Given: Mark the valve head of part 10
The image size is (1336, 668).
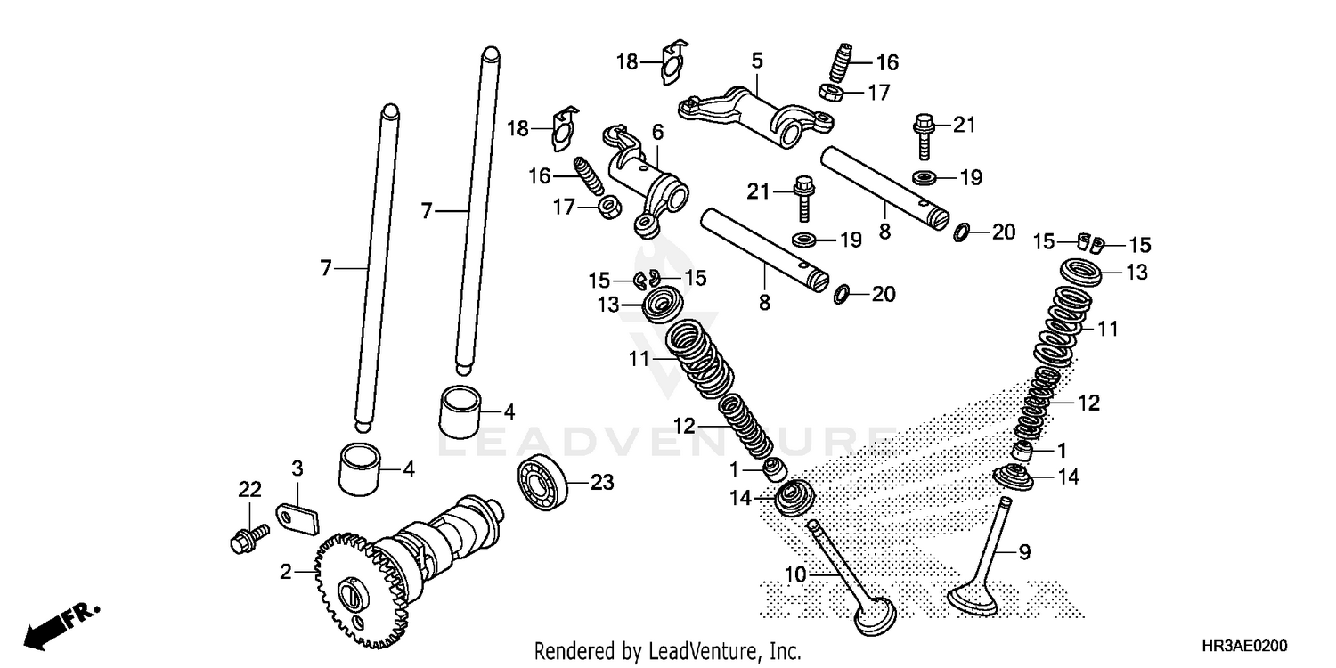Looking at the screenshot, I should (876, 615).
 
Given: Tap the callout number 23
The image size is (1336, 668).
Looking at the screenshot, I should (602, 482).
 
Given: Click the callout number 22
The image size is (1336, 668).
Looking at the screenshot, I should (249, 489).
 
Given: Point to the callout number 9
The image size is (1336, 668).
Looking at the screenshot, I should (1024, 552).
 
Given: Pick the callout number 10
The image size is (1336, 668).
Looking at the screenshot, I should (795, 575).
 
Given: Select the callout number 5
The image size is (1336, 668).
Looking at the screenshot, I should (757, 61).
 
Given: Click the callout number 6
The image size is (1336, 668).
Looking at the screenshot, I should (657, 133).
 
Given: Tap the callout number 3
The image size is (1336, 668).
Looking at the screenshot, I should (297, 467).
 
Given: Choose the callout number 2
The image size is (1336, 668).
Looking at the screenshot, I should (286, 572).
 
